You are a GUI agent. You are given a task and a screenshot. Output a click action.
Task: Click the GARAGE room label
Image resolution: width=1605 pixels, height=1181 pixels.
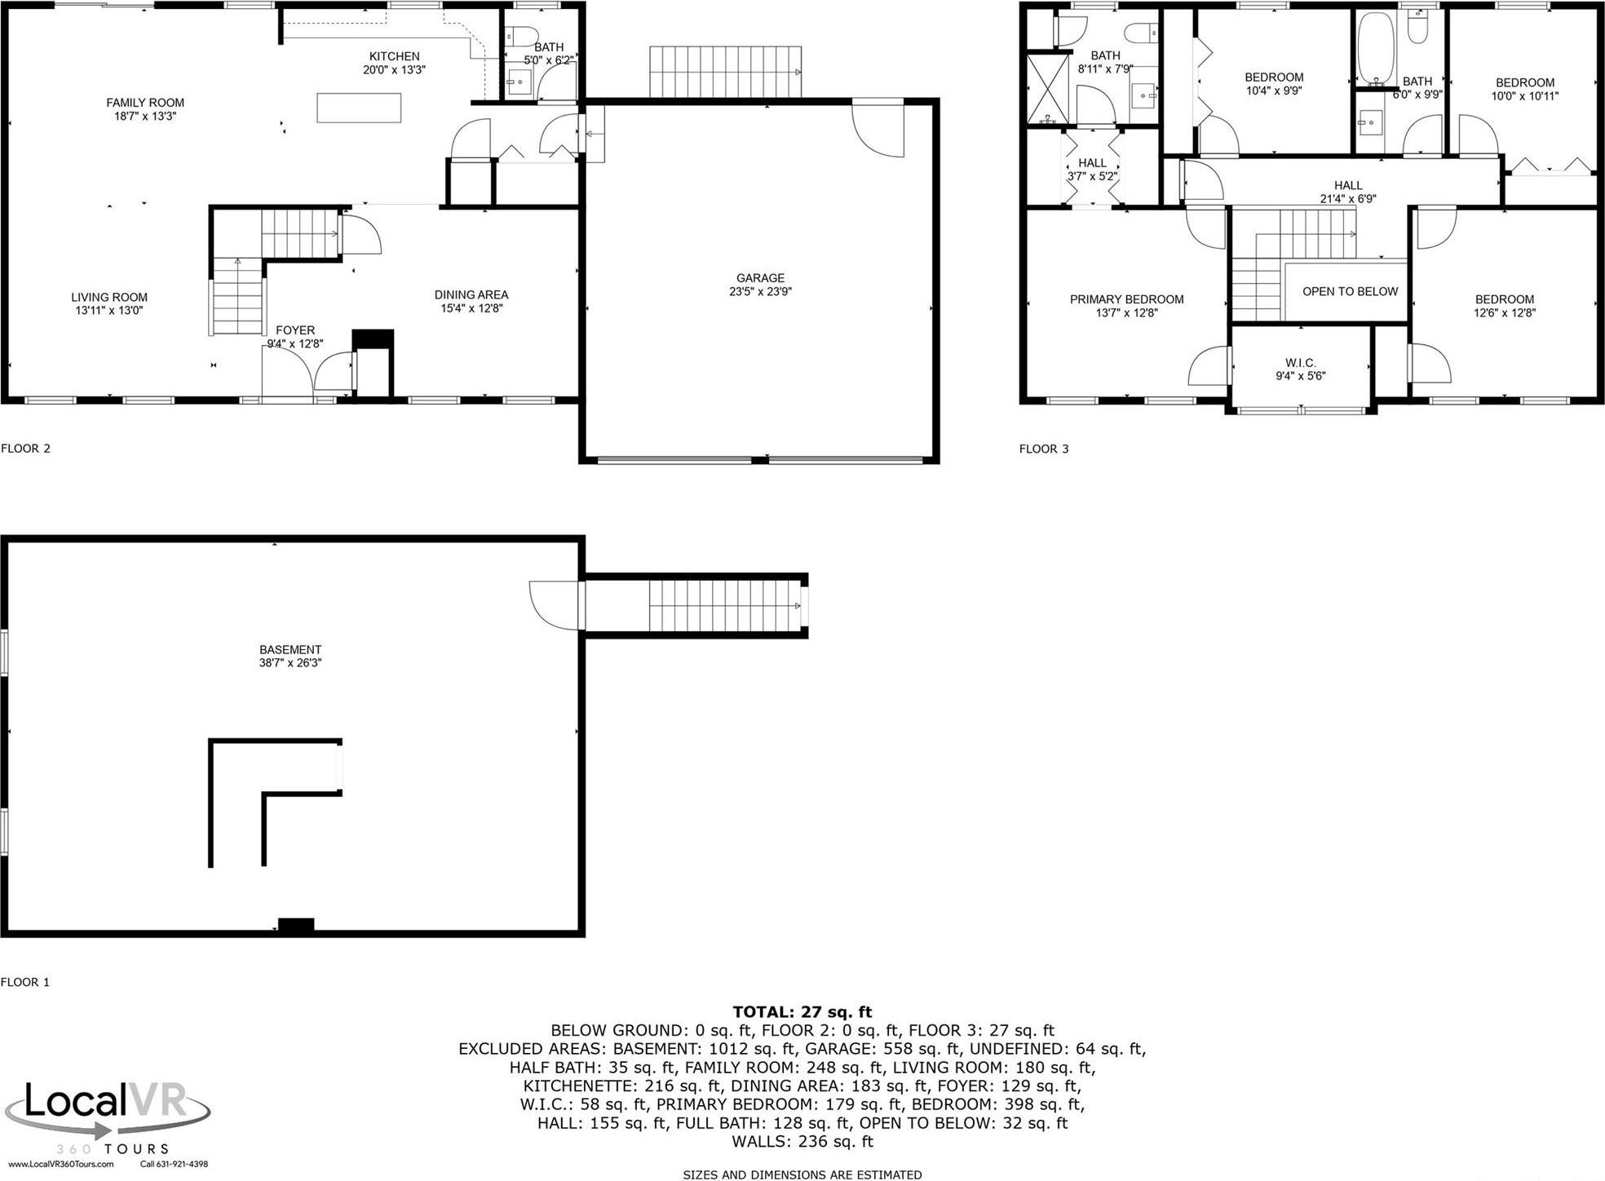760,278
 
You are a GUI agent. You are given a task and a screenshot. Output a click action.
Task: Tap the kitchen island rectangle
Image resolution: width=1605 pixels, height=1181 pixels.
359,108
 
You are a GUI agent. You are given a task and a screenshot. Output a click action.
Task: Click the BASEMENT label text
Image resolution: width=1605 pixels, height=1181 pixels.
290,650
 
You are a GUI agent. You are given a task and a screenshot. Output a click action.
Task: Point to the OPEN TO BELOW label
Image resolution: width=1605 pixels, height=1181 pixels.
1350,291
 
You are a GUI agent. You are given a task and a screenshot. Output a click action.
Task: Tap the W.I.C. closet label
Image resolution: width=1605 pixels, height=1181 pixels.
1300,363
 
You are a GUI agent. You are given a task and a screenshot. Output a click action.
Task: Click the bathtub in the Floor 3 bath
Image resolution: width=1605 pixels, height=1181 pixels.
1376,48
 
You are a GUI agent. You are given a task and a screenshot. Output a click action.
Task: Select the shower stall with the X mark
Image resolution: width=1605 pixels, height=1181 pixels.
1047,89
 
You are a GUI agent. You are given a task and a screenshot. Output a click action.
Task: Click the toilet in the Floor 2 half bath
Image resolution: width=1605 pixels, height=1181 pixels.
520,37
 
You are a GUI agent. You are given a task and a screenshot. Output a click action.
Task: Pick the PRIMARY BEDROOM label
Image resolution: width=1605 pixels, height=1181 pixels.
1126,299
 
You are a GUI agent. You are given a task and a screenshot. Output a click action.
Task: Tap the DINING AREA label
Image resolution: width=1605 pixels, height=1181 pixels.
471,294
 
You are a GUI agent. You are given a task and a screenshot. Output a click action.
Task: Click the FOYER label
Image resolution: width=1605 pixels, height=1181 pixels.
294,330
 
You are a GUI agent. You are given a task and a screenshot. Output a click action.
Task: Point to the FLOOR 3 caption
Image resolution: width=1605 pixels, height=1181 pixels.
1043,449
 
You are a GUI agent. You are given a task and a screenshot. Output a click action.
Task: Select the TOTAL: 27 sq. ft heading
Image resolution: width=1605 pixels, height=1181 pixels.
802,1012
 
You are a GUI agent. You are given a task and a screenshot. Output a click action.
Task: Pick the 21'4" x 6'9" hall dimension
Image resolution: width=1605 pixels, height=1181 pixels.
1348,198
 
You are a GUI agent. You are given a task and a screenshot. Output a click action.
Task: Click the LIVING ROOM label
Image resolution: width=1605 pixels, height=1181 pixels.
108,298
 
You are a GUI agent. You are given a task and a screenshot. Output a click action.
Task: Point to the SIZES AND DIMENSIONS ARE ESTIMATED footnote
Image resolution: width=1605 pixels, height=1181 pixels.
802,1174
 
